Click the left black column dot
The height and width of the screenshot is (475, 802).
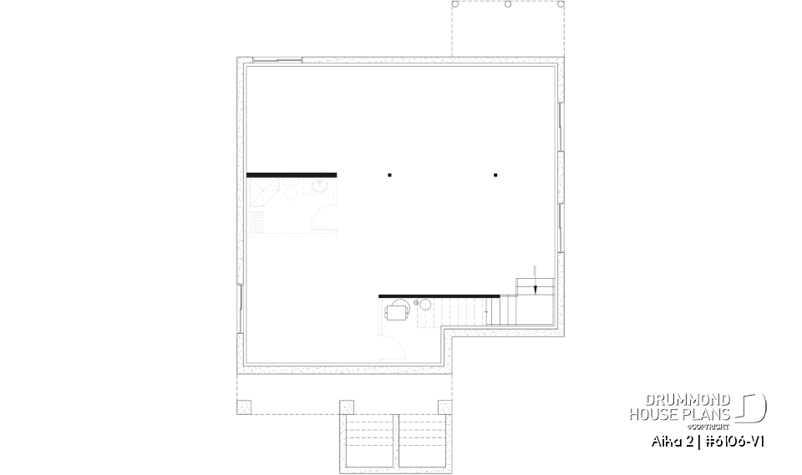pos(389,175)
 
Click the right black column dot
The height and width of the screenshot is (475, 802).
pos(495,175)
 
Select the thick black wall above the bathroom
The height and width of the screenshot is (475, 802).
pos(292,174)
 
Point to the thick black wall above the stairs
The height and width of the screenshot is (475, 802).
pos(439,296)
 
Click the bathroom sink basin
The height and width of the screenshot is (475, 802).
pos(320,188)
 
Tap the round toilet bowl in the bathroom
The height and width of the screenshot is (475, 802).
pos(291,194)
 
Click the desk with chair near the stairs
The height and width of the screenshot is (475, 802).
pos(397,312)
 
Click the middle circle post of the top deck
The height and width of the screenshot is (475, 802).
pos(507,4)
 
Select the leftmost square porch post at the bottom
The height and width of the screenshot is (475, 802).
pos(243,407)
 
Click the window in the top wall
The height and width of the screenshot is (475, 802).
pos(276,59)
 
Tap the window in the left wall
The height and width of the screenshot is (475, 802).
pos(241,306)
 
